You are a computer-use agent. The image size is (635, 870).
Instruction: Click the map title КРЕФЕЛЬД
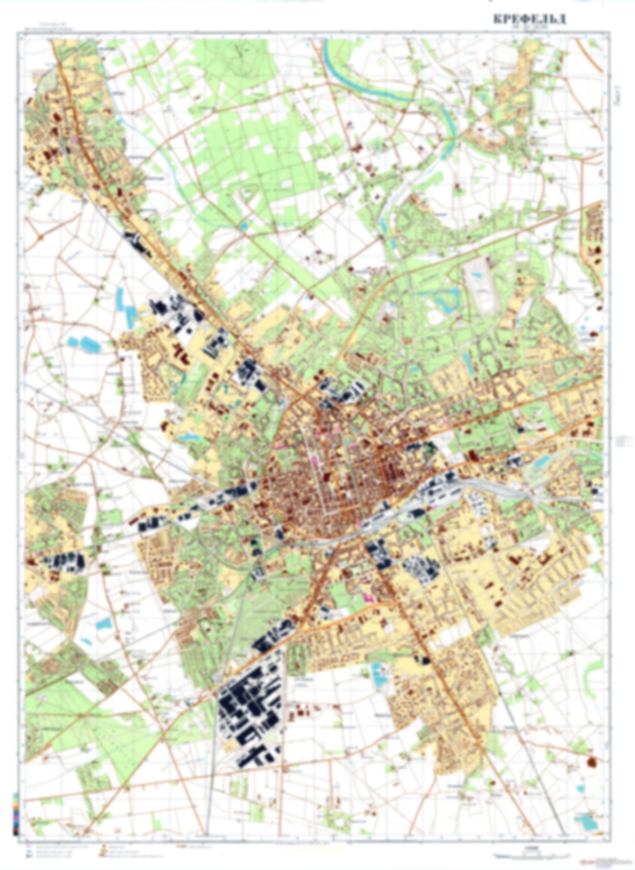[x=529, y=20]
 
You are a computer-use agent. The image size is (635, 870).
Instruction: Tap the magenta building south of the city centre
[x=368, y=596]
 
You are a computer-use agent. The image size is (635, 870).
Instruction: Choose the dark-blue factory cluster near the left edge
[x=65, y=561]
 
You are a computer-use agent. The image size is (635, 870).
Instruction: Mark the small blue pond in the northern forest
[x=244, y=227]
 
